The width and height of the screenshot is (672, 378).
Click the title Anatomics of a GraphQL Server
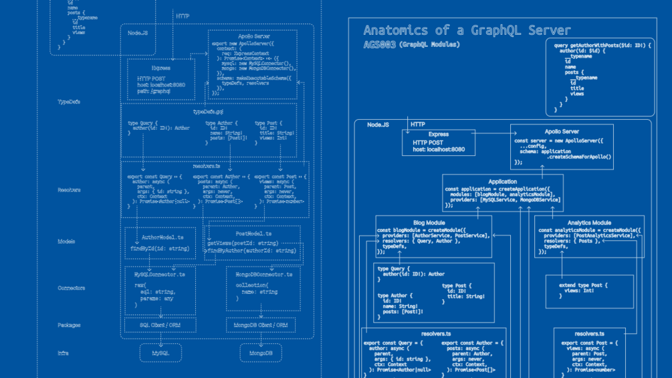[x=467, y=31]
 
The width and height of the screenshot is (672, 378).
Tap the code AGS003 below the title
[x=378, y=45]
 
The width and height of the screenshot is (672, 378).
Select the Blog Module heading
[x=429, y=223]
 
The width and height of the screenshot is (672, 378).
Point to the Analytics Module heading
[x=589, y=223]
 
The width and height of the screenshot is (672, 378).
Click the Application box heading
[x=502, y=181]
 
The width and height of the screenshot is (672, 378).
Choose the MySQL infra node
[x=160, y=353]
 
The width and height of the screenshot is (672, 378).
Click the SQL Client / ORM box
[x=160, y=326]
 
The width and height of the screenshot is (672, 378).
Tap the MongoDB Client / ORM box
[x=261, y=326]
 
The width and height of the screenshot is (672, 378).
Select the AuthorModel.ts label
[x=162, y=238]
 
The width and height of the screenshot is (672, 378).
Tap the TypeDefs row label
[x=68, y=102]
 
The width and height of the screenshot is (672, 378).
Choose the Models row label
[x=66, y=242]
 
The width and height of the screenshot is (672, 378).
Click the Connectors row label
[x=71, y=288]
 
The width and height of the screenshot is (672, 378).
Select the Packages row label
[x=68, y=325]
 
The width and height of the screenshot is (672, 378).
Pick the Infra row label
[x=63, y=353]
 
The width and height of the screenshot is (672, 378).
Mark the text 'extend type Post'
[x=583, y=285]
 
